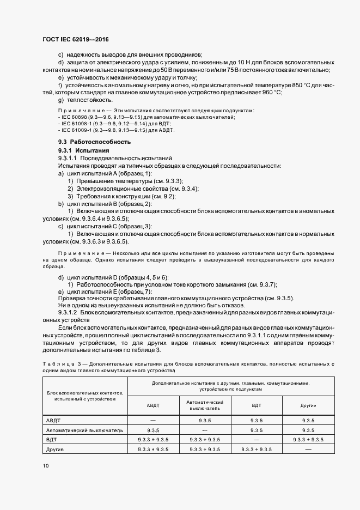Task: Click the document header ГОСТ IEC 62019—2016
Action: click(76, 40)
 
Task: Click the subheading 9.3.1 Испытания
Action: click(84, 150)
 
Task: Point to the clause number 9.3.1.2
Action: click(68, 314)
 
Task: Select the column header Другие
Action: click(308, 406)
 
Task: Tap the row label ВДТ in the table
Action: click(52, 439)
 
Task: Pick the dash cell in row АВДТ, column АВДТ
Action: click(152, 420)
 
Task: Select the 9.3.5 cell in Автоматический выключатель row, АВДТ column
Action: click(152, 429)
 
